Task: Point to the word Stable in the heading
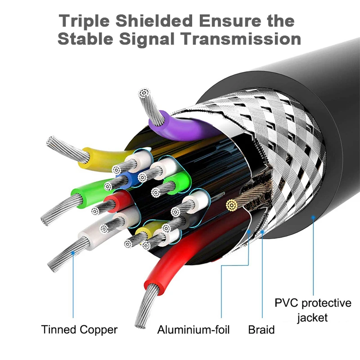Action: coord(85,39)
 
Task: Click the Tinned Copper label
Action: coord(79,329)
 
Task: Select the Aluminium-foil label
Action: coord(193,330)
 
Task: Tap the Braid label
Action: coord(261,330)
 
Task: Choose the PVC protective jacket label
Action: coord(313,310)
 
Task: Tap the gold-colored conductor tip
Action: coord(231,206)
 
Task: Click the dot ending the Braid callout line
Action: coord(263,232)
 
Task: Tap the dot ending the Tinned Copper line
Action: coord(73,253)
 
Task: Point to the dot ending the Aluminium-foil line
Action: coord(249,232)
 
